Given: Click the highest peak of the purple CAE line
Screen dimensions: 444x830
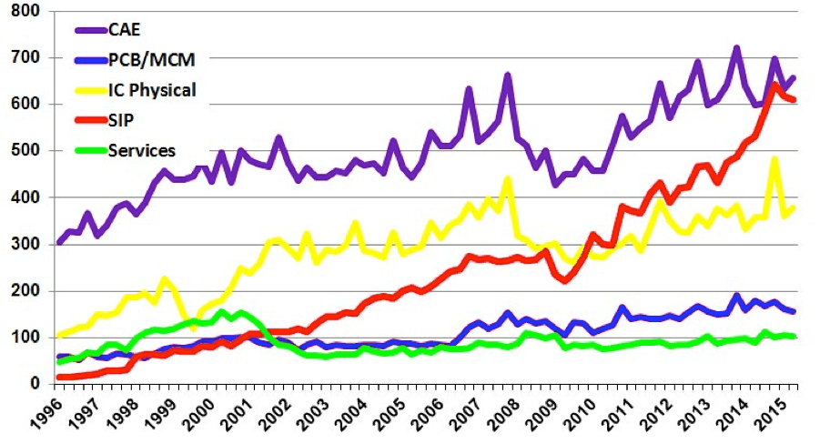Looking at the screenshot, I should pos(736,47).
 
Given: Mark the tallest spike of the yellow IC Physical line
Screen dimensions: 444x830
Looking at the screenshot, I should pos(774,159).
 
